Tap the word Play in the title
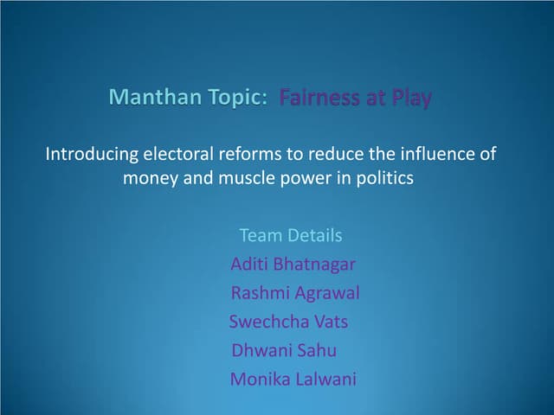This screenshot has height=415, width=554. tap(410, 99)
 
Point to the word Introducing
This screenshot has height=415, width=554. tap(92, 156)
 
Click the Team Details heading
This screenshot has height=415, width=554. tap(290, 235)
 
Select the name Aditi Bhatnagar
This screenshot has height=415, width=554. tap(293, 264)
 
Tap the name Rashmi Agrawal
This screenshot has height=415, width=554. tap(295, 293)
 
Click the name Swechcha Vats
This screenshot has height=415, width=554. tap(288, 322)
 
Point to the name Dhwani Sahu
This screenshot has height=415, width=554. tap(284, 350)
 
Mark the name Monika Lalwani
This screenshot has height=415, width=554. tap(293, 379)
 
